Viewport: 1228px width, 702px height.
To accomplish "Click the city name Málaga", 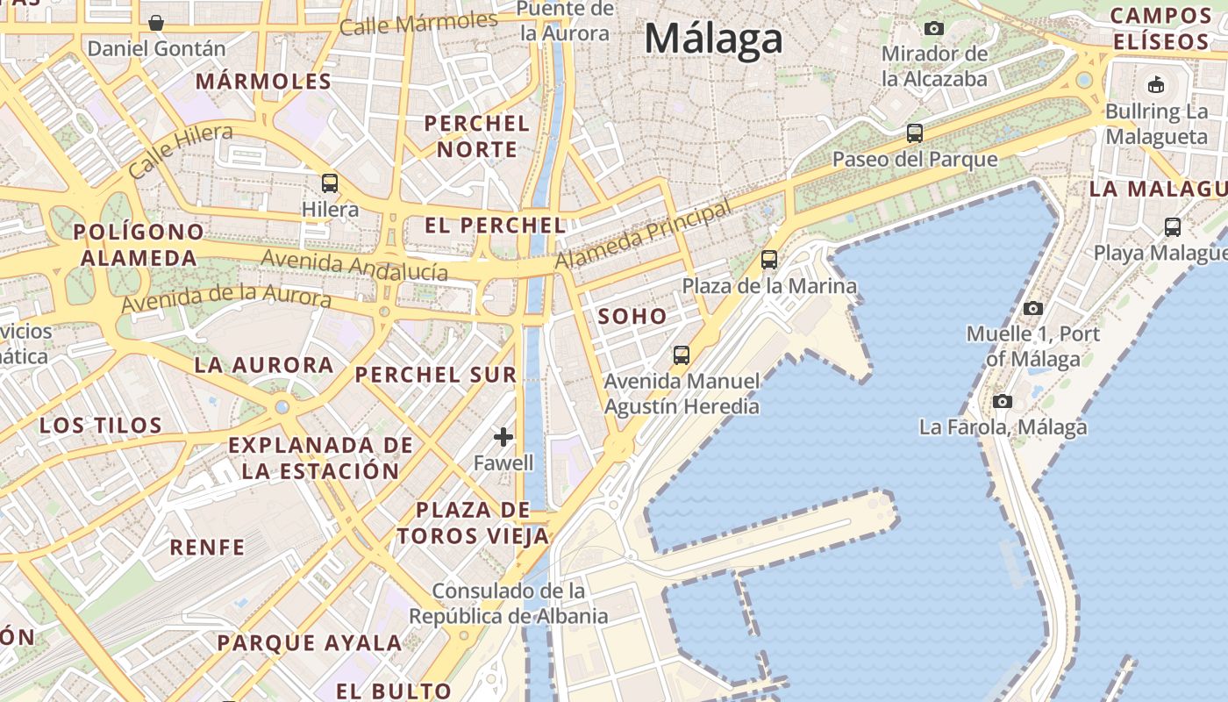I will click(x=713, y=39).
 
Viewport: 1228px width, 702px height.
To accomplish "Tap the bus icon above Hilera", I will click(x=330, y=183).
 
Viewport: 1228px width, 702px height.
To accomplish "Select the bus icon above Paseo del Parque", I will click(x=915, y=133).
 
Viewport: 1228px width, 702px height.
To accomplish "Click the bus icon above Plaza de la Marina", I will click(x=769, y=260).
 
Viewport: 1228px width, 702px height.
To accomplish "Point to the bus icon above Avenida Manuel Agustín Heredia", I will click(x=682, y=355).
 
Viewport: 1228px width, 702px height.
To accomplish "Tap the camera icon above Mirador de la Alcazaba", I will click(x=934, y=28).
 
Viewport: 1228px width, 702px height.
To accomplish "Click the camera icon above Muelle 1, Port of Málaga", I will click(x=1033, y=308).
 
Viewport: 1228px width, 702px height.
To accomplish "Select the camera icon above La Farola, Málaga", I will click(x=1003, y=401).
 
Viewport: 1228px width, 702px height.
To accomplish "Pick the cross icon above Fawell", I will click(x=503, y=436).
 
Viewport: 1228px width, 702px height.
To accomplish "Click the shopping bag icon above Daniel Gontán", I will click(x=156, y=23).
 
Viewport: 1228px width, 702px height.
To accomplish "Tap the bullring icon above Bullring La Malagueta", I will click(x=1156, y=85).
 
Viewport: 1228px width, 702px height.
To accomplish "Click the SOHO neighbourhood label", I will click(x=632, y=317).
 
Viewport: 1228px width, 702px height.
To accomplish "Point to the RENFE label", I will click(x=208, y=548).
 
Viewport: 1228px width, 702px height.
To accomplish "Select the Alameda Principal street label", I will click(x=643, y=235).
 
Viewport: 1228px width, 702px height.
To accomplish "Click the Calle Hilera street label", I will click(x=181, y=151).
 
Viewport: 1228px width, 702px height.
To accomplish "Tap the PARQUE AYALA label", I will click(x=310, y=642).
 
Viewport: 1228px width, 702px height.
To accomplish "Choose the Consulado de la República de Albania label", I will click(x=509, y=603).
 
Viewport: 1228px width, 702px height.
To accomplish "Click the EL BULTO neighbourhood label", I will click(x=394, y=691).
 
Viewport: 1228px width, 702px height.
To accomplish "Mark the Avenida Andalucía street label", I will click(x=354, y=264).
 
